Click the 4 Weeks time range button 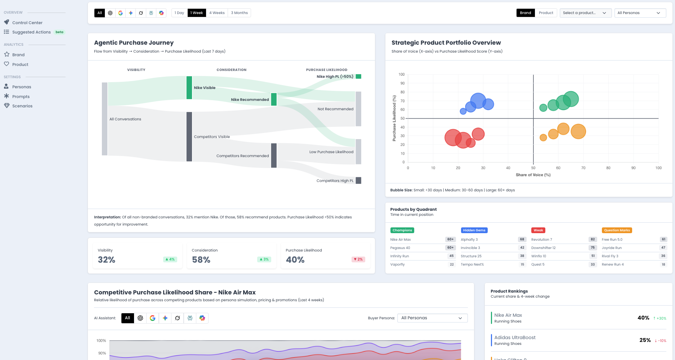click(x=217, y=13)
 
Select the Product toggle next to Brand click(x=546, y=13)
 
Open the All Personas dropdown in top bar click(x=640, y=13)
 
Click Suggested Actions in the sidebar click(x=31, y=32)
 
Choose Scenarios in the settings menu click(x=22, y=106)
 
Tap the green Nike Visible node click(x=189, y=88)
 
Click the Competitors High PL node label click(x=335, y=181)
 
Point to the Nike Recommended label click(x=250, y=100)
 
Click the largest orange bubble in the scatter click(x=578, y=132)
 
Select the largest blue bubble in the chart click(x=478, y=101)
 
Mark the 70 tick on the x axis click(x=583, y=168)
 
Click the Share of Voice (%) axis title click(x=533, y=175)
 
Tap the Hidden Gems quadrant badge click(x=474, y=230)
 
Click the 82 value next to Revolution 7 click(x=593, y=239)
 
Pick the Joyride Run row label click(x=612, y=248)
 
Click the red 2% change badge click(x=358, y=259)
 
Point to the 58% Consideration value click(x=201, y=260)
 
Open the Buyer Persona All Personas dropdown click(x=432, y=318)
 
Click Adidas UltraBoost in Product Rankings click(x=515, y=338)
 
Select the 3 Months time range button click(x=239, y=13)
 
